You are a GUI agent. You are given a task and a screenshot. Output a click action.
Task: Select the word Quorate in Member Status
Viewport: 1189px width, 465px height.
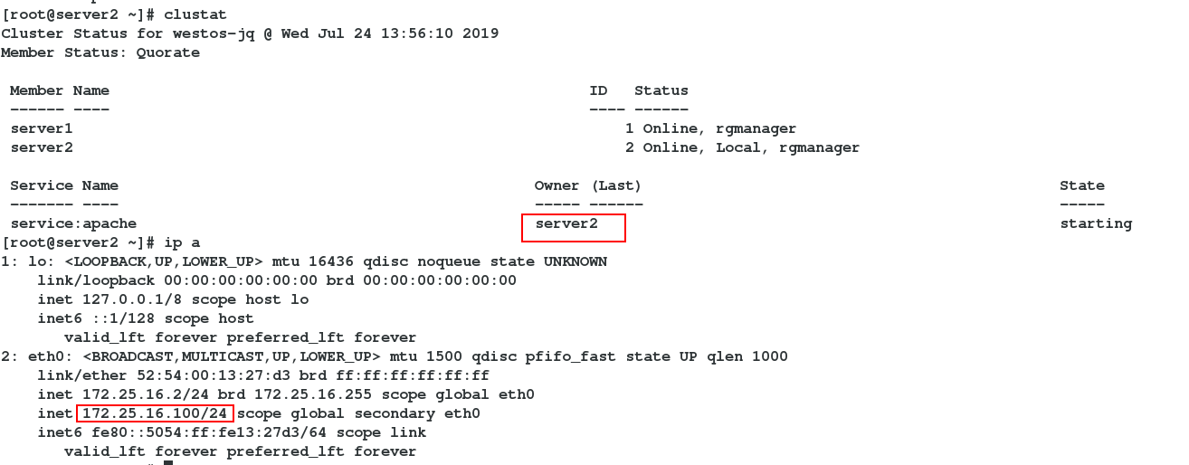click(x=168, y=52)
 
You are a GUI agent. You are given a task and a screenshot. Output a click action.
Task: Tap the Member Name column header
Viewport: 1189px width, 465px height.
click(x=60, y=90)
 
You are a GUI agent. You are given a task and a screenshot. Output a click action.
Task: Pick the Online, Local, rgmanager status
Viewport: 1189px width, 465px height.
click(x=751, y=147)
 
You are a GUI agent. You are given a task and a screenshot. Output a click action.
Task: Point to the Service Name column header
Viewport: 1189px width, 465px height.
click(x=64, y=185)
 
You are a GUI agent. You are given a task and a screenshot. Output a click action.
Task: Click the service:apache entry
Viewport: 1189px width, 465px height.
click(x=73, y=223)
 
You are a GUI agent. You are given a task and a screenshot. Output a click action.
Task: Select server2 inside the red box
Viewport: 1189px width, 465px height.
click(x=566, y=223)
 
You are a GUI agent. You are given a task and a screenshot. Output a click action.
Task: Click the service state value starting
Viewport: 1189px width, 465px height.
click(x=1096, y=223)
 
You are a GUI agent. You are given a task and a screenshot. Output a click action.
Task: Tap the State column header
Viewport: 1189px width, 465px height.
click(x=1082, y=185)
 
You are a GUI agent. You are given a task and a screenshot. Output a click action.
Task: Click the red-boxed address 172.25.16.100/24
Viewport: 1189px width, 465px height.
click(x=155, y=413)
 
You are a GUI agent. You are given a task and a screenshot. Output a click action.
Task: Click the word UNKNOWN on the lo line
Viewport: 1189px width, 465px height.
click(x=575, y=261)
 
